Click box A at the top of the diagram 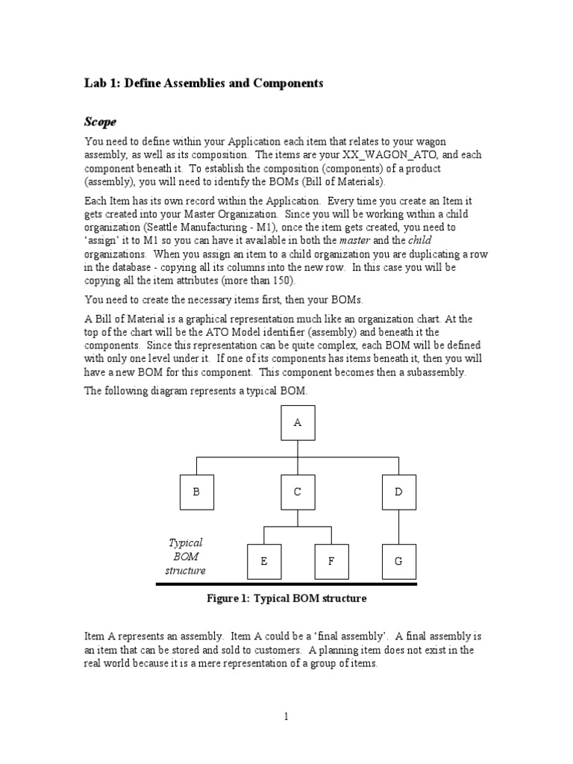pos(298,423)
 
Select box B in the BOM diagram pos(196,492)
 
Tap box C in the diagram pos(298,492)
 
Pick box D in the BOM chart pos(398,492)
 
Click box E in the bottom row pos(264,562)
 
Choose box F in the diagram pos(331,562)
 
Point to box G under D pos(398,562)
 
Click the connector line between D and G pos(398,527)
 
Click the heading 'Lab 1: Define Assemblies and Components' pos(204,84)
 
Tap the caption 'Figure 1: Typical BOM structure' pos(286,598)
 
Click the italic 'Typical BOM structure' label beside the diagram pos(185,557)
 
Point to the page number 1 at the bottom pos(286,717)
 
